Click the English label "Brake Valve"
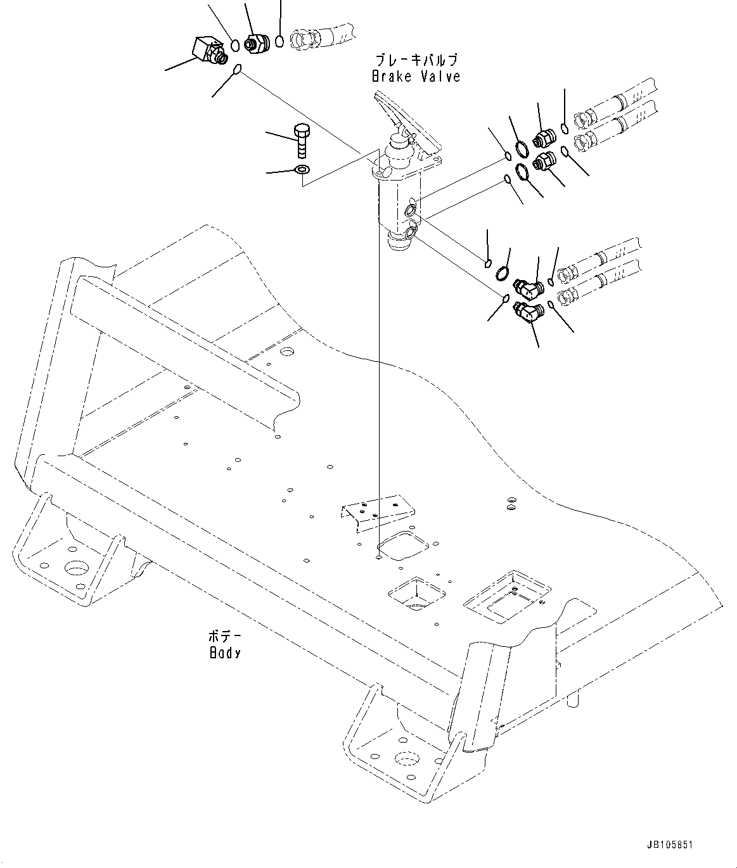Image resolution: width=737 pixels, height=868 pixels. (x=415, y=77)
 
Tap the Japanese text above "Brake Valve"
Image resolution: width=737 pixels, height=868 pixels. (x=416, y=61)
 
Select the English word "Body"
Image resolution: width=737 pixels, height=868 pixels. (x=225, y=652)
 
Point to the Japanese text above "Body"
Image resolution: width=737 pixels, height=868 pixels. (x=225, y=636)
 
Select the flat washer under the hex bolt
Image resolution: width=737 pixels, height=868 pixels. (x=301, y=170)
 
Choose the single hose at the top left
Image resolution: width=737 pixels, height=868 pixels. (x=320, y=35)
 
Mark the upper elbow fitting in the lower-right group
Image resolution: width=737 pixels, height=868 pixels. (x=527, y=288)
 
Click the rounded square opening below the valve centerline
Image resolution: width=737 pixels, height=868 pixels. (x=402, y=546)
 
